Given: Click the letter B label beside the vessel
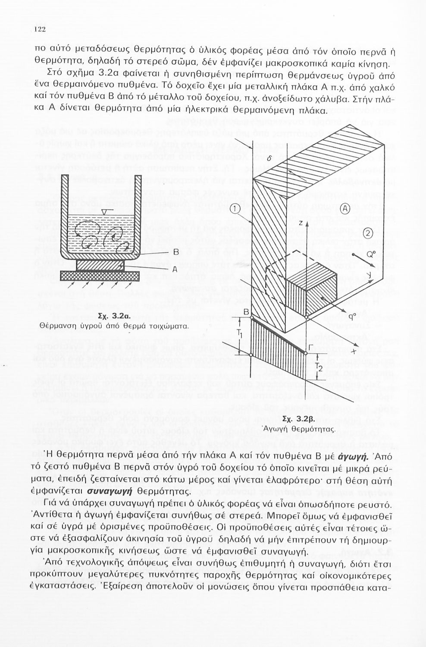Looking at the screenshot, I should pos(175,252).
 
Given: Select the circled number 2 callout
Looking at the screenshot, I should pos(367,233).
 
